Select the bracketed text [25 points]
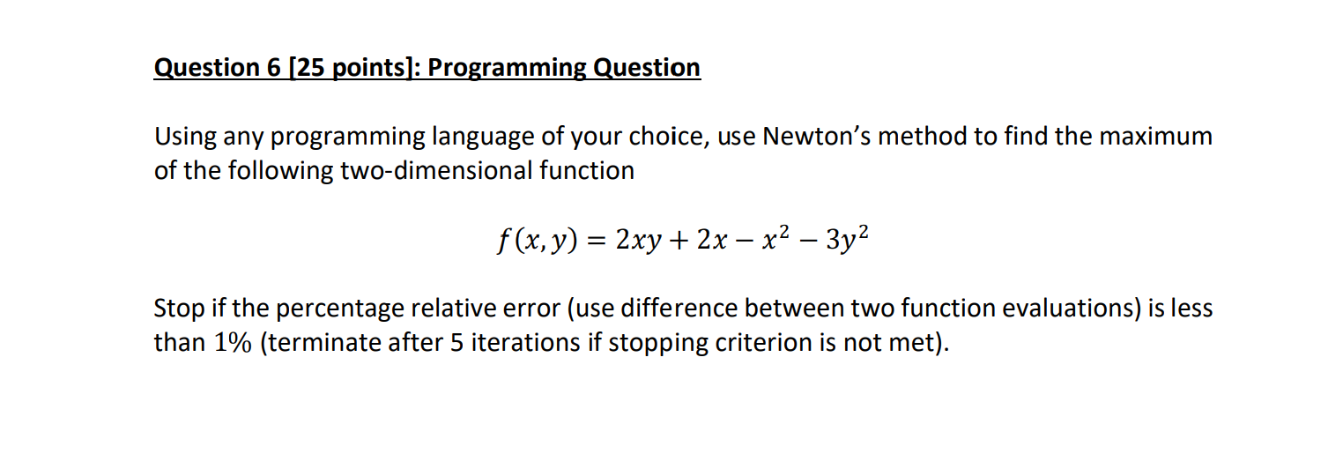[x=347, y=68]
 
